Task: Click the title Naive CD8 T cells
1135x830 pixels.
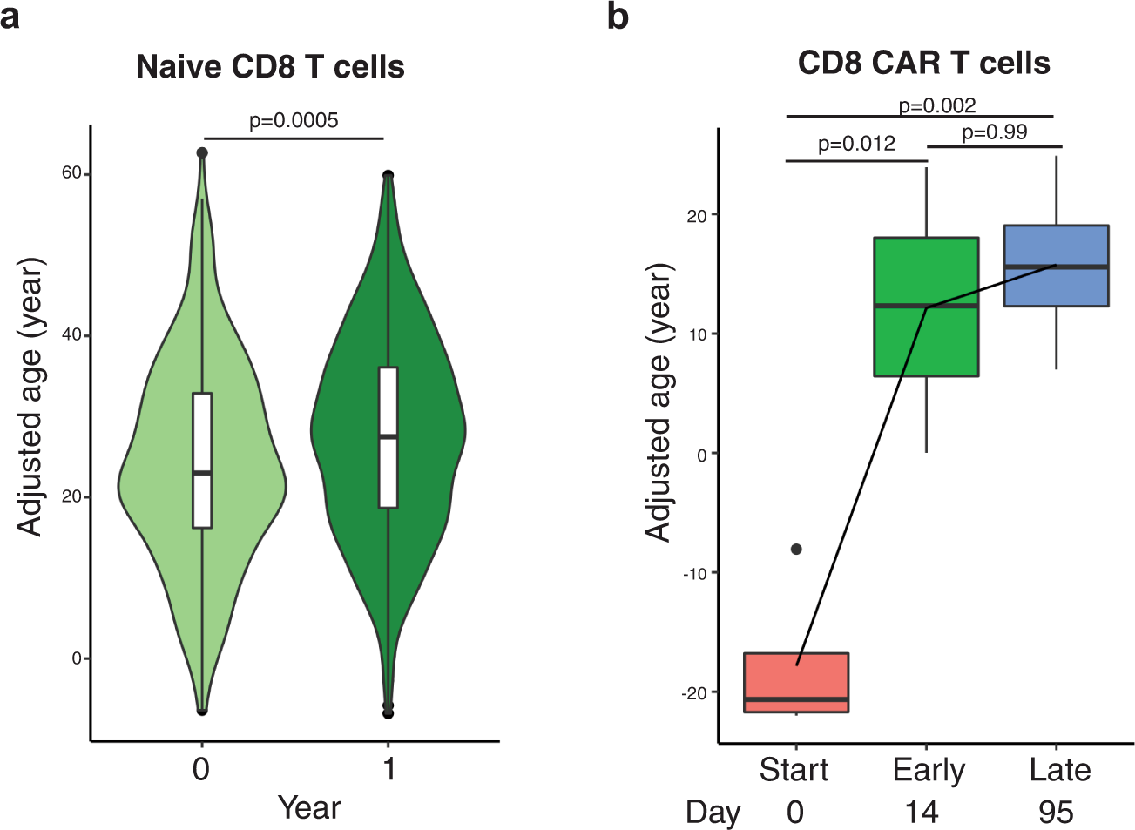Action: (270, 67)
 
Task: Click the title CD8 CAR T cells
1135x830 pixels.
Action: (923, 63)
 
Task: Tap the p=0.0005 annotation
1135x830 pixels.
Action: (294, 120)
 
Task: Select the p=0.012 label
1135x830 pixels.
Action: (856, 144)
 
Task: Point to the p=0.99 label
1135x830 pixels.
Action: (994, 132)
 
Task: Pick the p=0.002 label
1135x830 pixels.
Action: (936, 105)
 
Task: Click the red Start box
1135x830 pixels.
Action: (796, 682)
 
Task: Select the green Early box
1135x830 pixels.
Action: (926, 340)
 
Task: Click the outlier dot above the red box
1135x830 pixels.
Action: (796, 549)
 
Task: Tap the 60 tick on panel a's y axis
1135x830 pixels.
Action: (71, 173)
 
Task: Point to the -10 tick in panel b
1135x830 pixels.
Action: (693, 573)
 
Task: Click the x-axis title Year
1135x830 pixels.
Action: (309, 807)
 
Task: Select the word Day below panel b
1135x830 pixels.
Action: (713, 812)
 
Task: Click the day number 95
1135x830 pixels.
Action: (1056, 812)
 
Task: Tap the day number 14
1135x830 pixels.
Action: (922, 812)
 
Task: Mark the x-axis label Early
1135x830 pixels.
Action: (929, 770)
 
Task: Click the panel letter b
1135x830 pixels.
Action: (618, 16)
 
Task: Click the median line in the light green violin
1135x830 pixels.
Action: (202, 473)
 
